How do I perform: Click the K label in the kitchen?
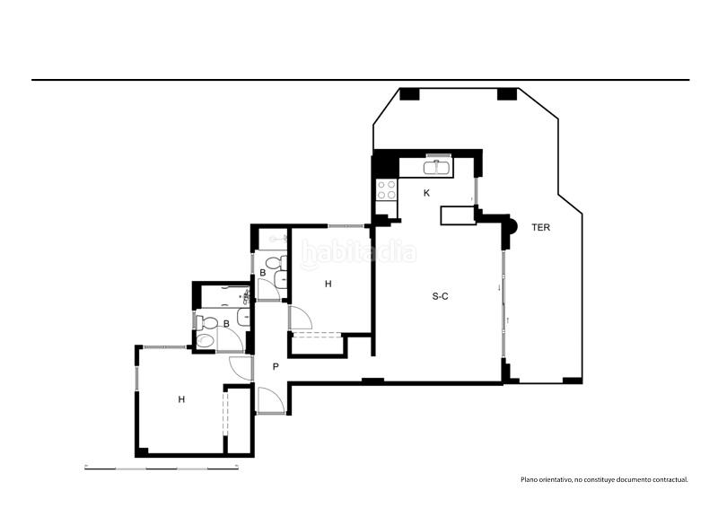(427, 193)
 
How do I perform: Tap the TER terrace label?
(540, 228)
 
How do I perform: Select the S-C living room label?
(440, 296)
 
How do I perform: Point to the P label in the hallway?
(276, 366)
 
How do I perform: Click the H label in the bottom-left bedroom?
(181, 399)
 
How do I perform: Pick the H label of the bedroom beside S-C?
(328, 284)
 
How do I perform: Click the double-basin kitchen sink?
(439, 166)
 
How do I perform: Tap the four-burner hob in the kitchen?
(387, 189)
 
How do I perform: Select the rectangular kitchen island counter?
(457, 215)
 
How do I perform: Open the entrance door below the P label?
(268, 399)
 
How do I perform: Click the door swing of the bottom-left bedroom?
(241, 366)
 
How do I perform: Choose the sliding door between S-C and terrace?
(504, 305)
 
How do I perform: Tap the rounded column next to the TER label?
(511, 226)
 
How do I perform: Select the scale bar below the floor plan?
(161, 468)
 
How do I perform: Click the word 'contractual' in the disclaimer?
(669, 480)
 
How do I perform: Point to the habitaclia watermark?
(359, 254)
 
